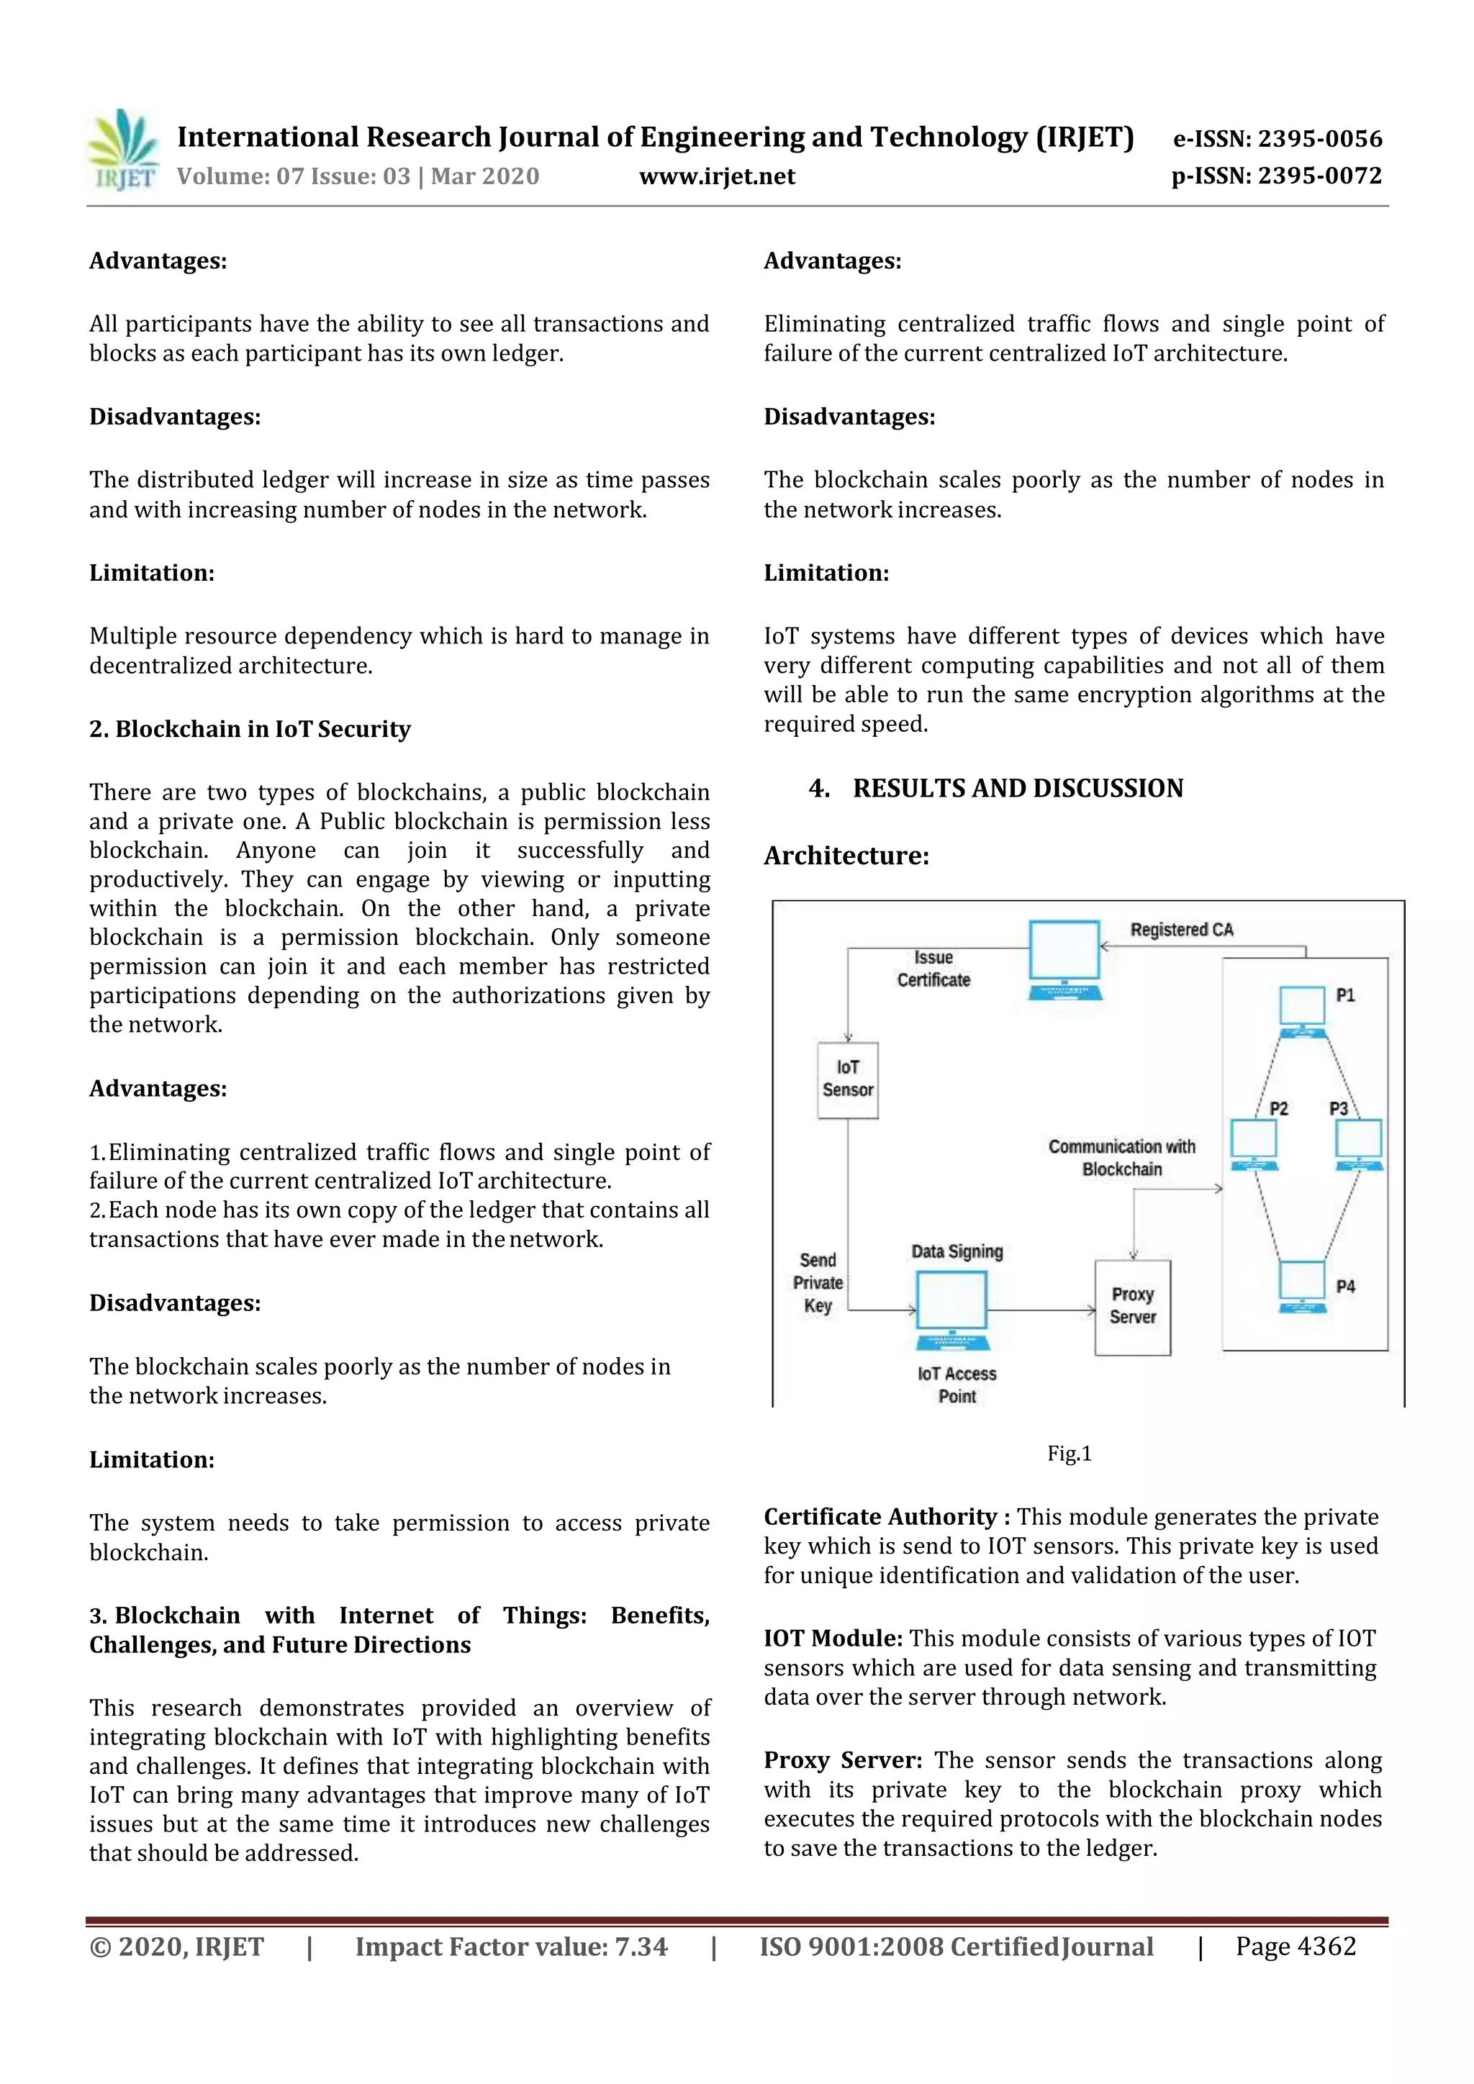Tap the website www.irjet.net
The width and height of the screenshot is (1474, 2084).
point(716,176)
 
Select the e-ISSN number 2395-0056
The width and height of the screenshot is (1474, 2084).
point(1277,139)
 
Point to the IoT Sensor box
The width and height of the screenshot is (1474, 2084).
point(848,1079)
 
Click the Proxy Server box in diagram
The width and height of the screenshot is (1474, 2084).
point(1132,1306)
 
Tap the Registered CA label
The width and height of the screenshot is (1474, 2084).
point(1182,930)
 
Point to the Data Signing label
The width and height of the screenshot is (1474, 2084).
point(957,1251)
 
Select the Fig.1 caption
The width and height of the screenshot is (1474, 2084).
point(1070,1453)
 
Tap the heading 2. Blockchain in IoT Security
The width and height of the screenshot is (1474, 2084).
point(250,729)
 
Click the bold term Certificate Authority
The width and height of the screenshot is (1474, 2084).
point(880,1517)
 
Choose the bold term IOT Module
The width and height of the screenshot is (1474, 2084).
point(832,1639)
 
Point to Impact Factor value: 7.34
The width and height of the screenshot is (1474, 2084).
point(511,1947)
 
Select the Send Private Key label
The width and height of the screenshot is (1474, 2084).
point(818,1282)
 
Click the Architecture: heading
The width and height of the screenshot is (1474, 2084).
point(846,855)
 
